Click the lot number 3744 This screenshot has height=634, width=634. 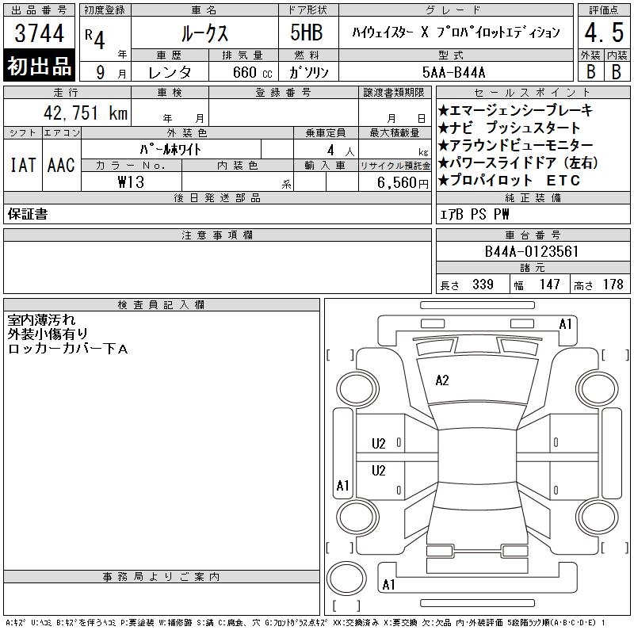39,33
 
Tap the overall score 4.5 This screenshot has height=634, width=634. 604,32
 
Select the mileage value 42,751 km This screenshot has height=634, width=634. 86,113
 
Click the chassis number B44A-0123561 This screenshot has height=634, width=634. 531,251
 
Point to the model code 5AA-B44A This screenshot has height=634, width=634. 453,72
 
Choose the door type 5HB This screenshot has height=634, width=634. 307,32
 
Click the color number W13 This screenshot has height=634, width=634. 131,182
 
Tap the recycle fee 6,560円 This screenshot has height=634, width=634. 403,183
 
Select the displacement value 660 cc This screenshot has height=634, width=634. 253,72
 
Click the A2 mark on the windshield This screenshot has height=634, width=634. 442,380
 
